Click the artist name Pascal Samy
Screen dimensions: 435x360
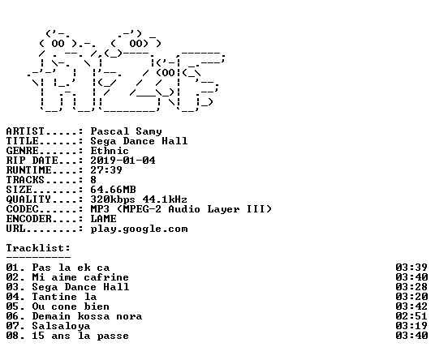127,131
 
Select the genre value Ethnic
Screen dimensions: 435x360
110,151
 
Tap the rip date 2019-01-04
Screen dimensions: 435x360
123,161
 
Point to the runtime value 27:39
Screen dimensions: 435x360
106,170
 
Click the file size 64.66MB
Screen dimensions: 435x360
113,190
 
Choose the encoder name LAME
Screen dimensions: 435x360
104,219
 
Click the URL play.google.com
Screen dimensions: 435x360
140,229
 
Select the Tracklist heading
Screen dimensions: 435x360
38,248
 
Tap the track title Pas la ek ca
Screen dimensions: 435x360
71,268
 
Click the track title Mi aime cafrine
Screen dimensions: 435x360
80,277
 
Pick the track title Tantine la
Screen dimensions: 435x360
64,297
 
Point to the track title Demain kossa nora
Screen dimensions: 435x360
87,316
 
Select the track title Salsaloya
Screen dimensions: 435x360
61,326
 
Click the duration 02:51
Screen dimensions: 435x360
411,316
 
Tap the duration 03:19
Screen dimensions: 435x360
411,326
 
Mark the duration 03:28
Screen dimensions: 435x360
411,287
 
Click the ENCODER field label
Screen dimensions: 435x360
29,219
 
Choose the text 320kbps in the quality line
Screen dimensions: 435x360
113,199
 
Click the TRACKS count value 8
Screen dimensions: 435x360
93,180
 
